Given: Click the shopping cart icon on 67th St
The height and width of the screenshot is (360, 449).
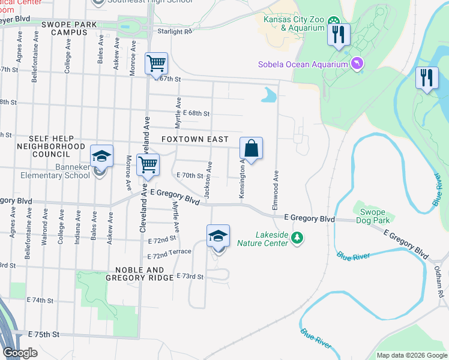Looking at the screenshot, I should (x=156, y=63).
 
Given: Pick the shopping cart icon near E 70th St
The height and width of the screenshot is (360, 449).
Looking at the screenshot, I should (x=148, y=165).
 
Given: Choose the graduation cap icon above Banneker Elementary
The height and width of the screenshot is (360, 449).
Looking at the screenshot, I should (x=102, y=156).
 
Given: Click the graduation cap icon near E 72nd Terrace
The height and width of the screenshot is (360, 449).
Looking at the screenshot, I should (x=218, y=236).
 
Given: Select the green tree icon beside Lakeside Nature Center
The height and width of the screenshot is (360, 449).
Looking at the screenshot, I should (x=297, y=239).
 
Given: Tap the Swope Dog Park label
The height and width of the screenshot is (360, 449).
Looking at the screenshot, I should (x=376, y=216).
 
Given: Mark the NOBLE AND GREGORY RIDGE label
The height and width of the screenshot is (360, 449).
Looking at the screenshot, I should (x=135, y=274).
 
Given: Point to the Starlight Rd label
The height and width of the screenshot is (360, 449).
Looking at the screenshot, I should (x=175, y=31).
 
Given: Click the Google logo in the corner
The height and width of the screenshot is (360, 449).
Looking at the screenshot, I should (x=20, y=353).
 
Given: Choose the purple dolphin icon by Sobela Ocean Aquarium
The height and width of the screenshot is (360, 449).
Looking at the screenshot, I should (x=358, y=64).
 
